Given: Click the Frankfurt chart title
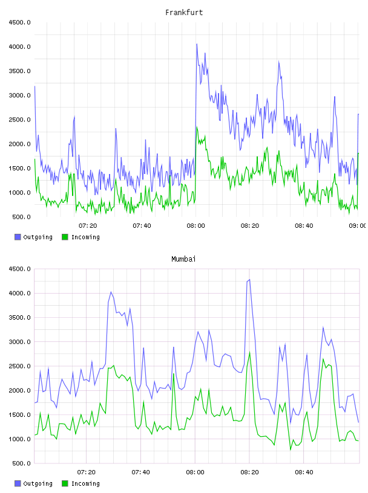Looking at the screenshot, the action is pos(184,13).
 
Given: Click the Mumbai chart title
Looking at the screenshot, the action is pos(183,259).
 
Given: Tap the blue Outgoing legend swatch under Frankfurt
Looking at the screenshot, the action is pos(18,237).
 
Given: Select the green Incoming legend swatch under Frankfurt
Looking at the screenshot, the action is pos(65,237).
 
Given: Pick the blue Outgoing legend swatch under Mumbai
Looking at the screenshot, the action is pos(18,483).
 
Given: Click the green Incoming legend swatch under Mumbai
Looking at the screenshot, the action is pos(65,483).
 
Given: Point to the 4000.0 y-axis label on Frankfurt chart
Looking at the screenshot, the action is pos(19,47).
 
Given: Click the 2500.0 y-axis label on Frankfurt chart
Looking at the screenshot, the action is pos(19,120).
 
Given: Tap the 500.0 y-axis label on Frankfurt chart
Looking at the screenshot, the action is pos(21,217).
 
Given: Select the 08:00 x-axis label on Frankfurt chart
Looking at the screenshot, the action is pos(195,226).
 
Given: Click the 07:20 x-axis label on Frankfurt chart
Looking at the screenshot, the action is pos(88,226).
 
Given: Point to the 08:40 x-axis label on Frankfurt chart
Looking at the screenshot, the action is pos(304,226).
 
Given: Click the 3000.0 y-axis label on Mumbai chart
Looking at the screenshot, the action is pos(19,342).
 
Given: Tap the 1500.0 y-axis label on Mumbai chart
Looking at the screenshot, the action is pos(19,414).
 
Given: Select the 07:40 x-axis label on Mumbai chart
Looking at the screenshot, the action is pos(140,472).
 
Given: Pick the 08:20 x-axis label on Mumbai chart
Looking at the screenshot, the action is pos(249,472).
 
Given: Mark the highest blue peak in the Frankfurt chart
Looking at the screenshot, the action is pos(197,44).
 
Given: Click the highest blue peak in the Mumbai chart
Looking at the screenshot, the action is pos(249,279).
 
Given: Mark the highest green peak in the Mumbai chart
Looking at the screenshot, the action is pos(249,352).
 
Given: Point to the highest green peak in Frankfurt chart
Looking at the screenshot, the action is pos(197,127).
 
